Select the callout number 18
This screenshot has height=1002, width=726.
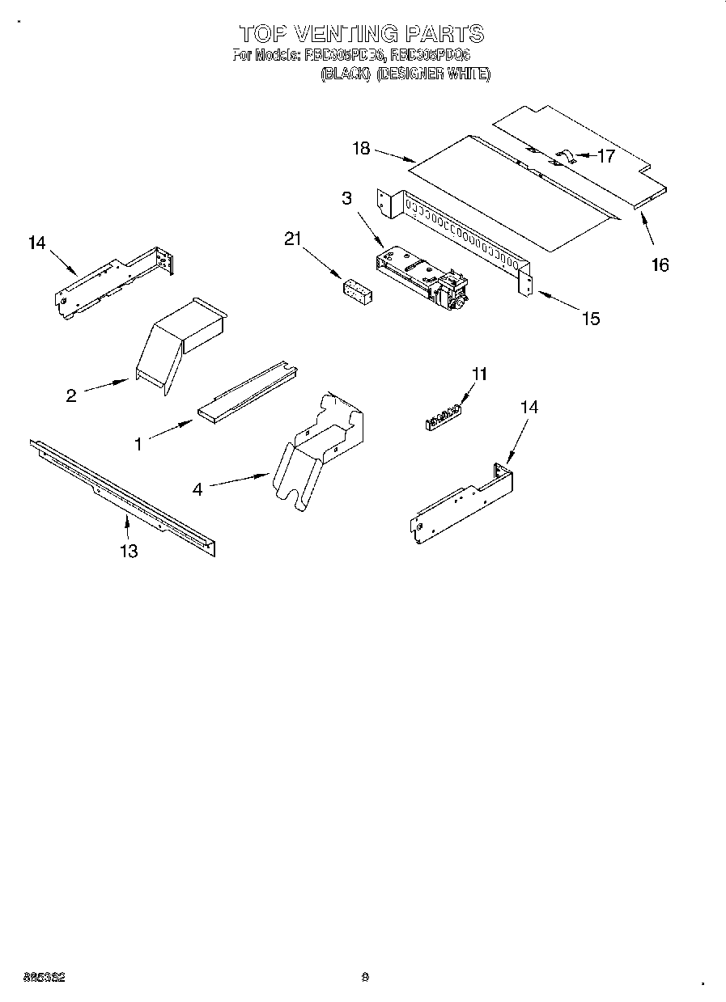click(361, 148)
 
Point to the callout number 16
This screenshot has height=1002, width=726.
click(660, 264)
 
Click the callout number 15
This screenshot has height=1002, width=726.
click(591, 318)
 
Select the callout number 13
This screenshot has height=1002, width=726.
click(128, 551)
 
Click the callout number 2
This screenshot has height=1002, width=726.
click(71, 395)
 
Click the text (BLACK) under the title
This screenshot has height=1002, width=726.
click(346, 74)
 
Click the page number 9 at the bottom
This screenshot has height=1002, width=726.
click(365, 977)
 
